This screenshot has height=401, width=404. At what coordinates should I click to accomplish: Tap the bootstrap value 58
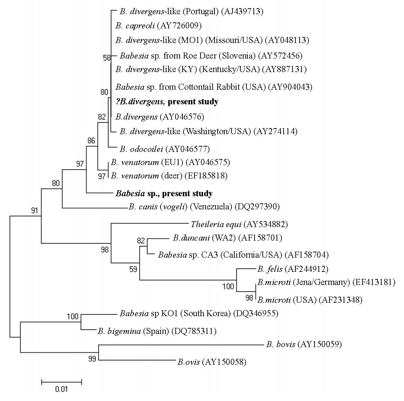(107, 58)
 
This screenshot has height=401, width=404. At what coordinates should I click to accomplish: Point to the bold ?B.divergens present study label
(167, 102)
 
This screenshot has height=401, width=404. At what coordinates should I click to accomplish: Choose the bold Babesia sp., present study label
(164, 193)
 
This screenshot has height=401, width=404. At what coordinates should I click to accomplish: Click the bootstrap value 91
(34, 211)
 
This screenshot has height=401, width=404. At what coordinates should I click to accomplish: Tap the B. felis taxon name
(270, 269)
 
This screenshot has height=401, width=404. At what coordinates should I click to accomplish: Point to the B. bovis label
(281, 344)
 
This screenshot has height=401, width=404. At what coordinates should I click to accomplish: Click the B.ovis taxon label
(189, 362)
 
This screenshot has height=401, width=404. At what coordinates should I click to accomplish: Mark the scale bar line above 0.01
(61, 382)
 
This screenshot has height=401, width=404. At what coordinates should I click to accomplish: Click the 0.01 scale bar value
(61, 389)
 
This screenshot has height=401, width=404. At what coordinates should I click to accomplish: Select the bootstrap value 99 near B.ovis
(92, 359)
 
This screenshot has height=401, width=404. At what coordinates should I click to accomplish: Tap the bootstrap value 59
(133, 269)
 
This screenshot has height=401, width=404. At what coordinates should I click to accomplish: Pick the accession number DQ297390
(257, 207)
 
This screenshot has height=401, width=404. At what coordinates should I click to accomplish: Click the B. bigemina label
(119, 331)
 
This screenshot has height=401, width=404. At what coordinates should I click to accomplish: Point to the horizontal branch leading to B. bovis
(181, 345)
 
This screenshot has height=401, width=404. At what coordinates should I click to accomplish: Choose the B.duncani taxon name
(191, 238)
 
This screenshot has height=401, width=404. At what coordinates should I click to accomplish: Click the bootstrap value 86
(92, 141)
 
